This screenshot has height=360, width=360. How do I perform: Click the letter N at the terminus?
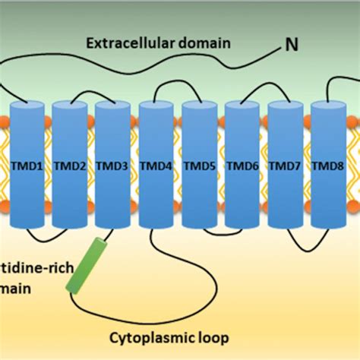click(x=291, y=46)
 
